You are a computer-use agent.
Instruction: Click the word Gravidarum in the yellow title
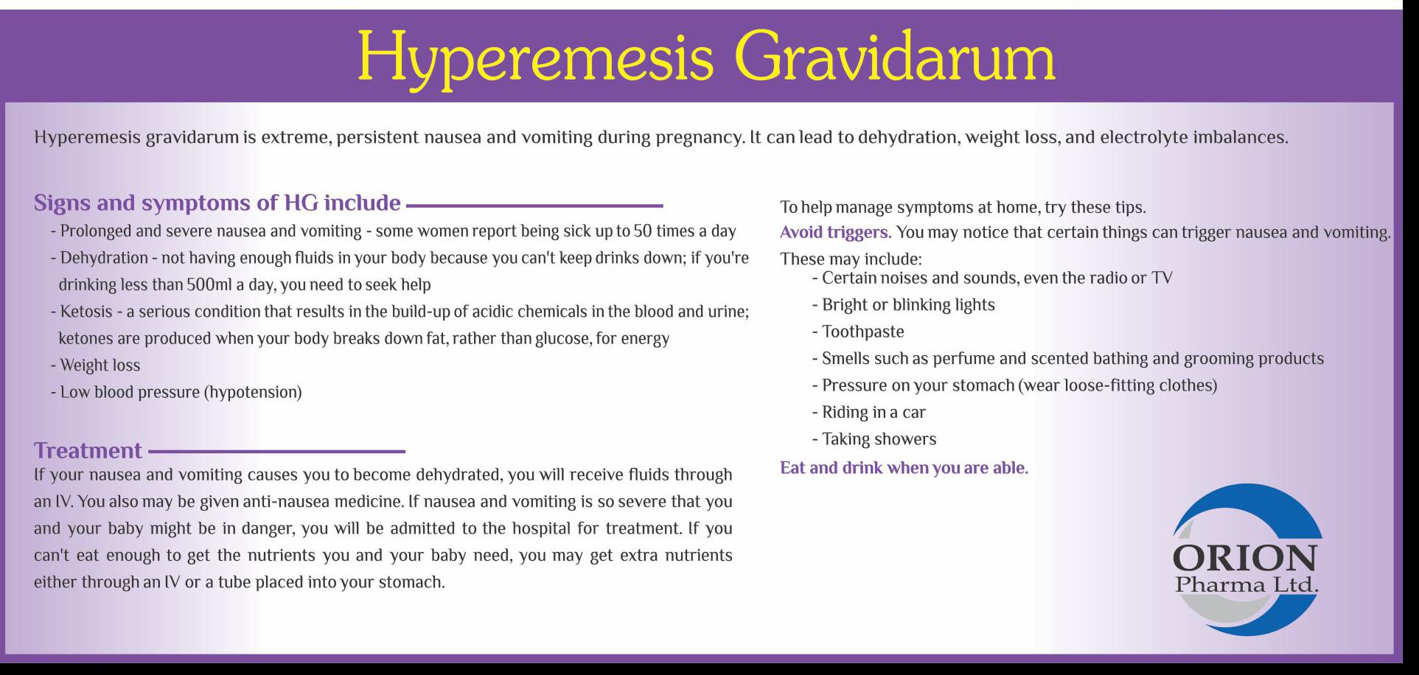point(894,57)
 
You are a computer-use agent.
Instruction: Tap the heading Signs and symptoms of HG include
point(217,203)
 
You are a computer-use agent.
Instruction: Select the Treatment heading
point(88,450)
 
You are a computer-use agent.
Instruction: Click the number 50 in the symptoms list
point(643,231)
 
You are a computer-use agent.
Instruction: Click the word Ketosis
point(86,312)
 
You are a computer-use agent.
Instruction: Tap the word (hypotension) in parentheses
point(255,393)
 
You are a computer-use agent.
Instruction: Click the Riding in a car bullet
point(868,413)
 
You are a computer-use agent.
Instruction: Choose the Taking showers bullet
point(874,439)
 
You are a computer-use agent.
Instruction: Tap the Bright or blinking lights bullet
point(903,305)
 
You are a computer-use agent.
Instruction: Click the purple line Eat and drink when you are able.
point(904,468)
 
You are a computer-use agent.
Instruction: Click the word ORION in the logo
point(1244,559)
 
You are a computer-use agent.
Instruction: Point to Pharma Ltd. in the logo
point(1247,585)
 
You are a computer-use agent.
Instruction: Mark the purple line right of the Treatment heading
point(277,451)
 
